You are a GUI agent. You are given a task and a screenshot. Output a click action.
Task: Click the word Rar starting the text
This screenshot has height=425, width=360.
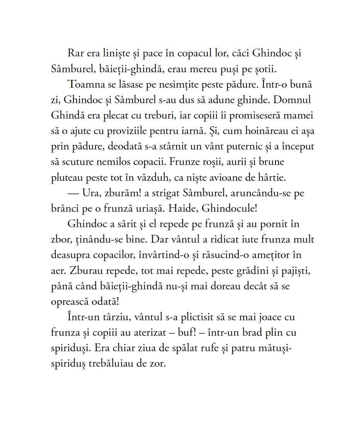pyautogui.click(x=75, y=53)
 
